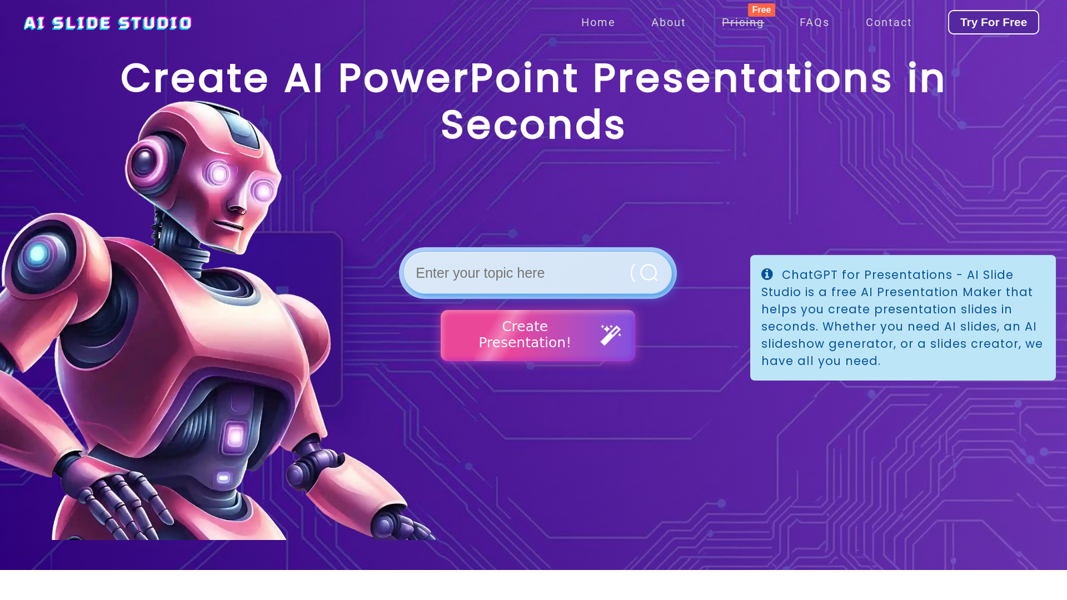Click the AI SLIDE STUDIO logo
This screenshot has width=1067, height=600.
point(107,23)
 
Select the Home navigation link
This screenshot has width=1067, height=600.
point(598,23)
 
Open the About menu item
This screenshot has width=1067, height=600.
point(668,23)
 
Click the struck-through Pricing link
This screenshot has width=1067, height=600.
point(743,23)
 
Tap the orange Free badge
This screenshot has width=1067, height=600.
point(761,10)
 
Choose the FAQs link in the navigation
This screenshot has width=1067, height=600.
point(814,23)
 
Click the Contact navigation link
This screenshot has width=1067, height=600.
point(888,23)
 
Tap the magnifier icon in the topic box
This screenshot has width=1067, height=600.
point(649,273)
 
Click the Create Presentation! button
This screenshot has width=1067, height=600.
point(538,335)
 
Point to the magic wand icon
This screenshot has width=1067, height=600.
point(611,335)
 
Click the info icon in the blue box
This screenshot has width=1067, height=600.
point(767,274)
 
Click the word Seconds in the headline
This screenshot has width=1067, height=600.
point(533,125)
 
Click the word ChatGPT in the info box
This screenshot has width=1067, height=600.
point(810,275)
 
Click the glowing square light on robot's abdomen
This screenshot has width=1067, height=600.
point(235,437)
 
